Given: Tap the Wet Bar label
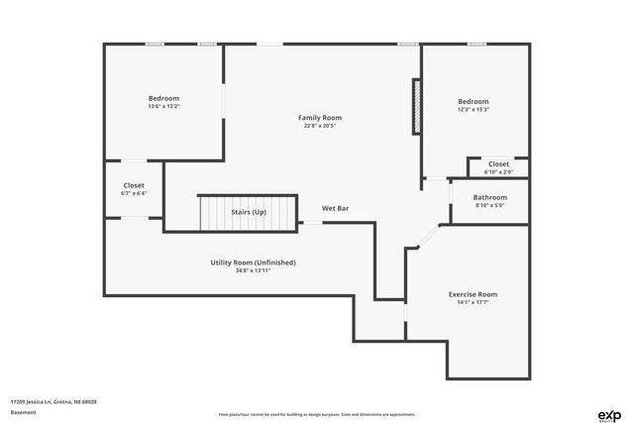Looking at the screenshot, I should (x=335, y=209).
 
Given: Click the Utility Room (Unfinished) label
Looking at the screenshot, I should (x=253, y=263).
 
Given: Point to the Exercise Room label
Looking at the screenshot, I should (x=473, y=294).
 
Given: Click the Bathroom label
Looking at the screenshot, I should (x=490, y=197).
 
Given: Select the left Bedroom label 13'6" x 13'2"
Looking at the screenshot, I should (x=163, y=98).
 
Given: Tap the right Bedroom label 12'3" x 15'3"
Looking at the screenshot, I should (x=473, y=101).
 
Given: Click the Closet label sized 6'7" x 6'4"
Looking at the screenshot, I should (x=134, y=185).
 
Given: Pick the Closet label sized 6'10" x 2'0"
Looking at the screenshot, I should (x=498, y=164).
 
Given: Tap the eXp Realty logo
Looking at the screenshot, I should (x=608, y=414).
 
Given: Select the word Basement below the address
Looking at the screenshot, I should (x=21, y=412).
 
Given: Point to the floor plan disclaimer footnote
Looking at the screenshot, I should (x=316, y=414).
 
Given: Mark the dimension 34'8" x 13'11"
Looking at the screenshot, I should (x=253, y=269).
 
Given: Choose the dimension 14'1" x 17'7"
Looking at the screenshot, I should (x=473, y=302).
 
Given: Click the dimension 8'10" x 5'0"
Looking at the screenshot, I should (x=490, y=205).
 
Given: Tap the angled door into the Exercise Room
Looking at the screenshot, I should (x=426, y=237).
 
